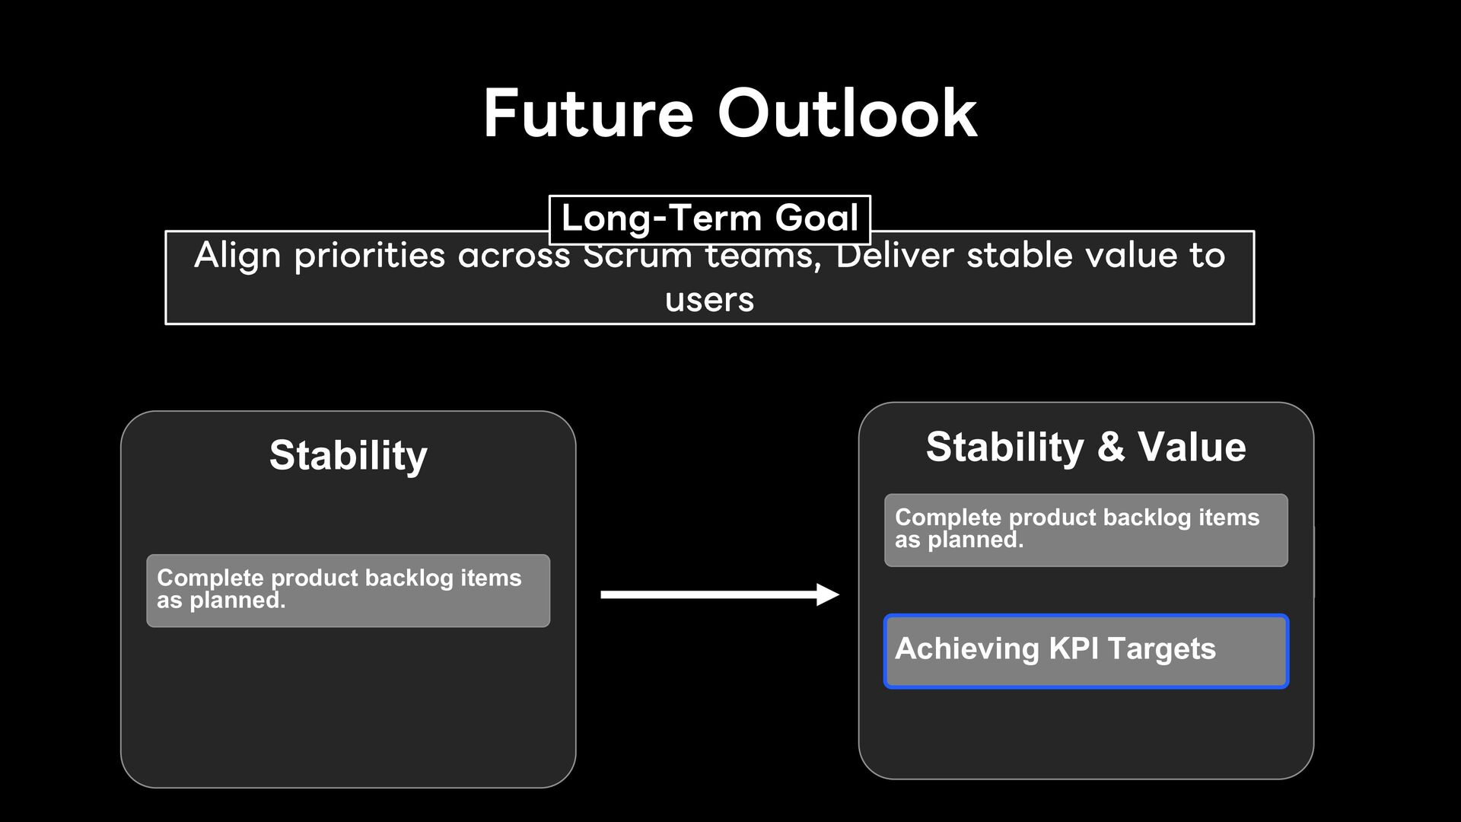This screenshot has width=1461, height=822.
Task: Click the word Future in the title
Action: tap(588, 113)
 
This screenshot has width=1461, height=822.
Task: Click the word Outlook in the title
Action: tap(847, 113)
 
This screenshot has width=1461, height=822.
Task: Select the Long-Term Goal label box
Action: tap(709, 219)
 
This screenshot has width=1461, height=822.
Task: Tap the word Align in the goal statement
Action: tap(237, 256)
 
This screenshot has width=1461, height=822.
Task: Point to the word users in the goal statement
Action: tap(709, 300)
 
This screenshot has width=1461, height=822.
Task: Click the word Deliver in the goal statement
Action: tap(895, 255)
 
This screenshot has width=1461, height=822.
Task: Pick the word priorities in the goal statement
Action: tap(370, 256)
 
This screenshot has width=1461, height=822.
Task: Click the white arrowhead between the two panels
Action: tap(828, 594)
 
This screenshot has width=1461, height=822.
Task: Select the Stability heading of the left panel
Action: tap(349, 455)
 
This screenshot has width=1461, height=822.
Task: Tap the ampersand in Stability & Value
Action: tap(1111, 447)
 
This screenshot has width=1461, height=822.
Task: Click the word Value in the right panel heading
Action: tap(1192, 447)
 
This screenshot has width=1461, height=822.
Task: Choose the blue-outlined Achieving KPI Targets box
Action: tap(1086, 652)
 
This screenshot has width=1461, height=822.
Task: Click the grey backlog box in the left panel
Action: tap(349, 591)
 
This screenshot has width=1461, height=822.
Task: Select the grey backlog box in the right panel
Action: tap(1086, 530)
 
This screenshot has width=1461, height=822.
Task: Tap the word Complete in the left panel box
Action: tap(210, 578)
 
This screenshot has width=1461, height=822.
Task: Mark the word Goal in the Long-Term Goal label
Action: tap(817, 218)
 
